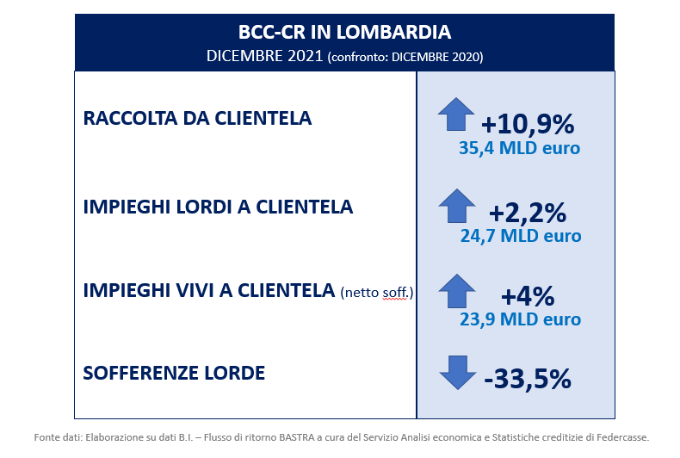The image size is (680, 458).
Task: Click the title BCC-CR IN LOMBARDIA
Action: [345, 32]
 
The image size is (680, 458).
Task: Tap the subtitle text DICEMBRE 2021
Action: [264, 56]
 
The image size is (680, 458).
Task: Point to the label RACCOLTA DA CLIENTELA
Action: [197, 118]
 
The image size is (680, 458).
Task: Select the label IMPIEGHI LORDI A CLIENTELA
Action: [218, 207]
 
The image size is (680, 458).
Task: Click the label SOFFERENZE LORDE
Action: [174, 373]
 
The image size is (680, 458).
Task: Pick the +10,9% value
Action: [528, 124]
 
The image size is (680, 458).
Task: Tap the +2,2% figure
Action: [528, 213]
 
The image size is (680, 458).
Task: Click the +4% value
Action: [528, 296]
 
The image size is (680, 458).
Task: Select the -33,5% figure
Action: [528, 379]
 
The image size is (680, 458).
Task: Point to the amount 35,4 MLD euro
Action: [520, 148]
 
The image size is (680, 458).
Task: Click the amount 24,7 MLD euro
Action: [521, 236]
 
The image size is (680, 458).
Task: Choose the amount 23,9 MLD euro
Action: [520, 319]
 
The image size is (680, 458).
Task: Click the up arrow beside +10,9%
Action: [456, 114]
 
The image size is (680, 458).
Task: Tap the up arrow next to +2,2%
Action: [457, 206]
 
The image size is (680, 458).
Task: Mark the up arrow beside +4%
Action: [457, 291]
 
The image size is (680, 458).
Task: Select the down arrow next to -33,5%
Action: [458, 373]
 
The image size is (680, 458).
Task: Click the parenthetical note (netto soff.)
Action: [377, 293]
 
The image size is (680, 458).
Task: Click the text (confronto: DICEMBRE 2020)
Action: [405, 57]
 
